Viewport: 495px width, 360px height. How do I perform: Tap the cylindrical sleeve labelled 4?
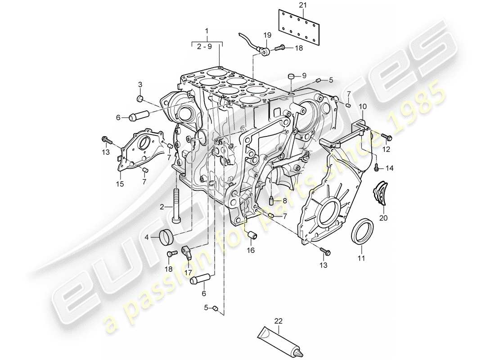click(167, 236)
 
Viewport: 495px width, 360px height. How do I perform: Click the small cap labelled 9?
click(291, 76)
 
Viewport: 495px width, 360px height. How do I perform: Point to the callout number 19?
click(267, 35)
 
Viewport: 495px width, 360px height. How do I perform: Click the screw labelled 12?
click(387, 136)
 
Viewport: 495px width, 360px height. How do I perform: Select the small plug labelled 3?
click(140, 99)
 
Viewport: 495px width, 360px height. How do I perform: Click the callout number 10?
click(363, 106)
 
